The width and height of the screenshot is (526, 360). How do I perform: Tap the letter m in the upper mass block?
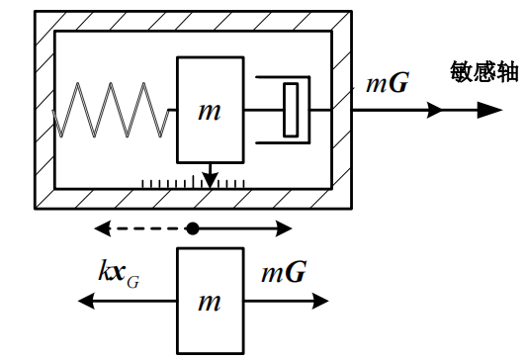(x=209, y=111)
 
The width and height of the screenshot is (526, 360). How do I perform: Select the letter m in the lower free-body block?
(x=209, y=302)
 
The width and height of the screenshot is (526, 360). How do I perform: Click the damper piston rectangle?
(x=290, y=110)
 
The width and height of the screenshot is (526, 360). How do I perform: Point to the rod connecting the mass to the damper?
(x=261, y=110)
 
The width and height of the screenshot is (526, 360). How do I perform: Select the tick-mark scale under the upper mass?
(x=193, y=183)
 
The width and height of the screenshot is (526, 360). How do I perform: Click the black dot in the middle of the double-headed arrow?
(x=193, y=228)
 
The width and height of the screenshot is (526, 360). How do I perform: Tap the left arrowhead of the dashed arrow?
(x=101, y=228)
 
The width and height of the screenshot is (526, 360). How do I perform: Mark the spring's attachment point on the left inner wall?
(x=56, y=110)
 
